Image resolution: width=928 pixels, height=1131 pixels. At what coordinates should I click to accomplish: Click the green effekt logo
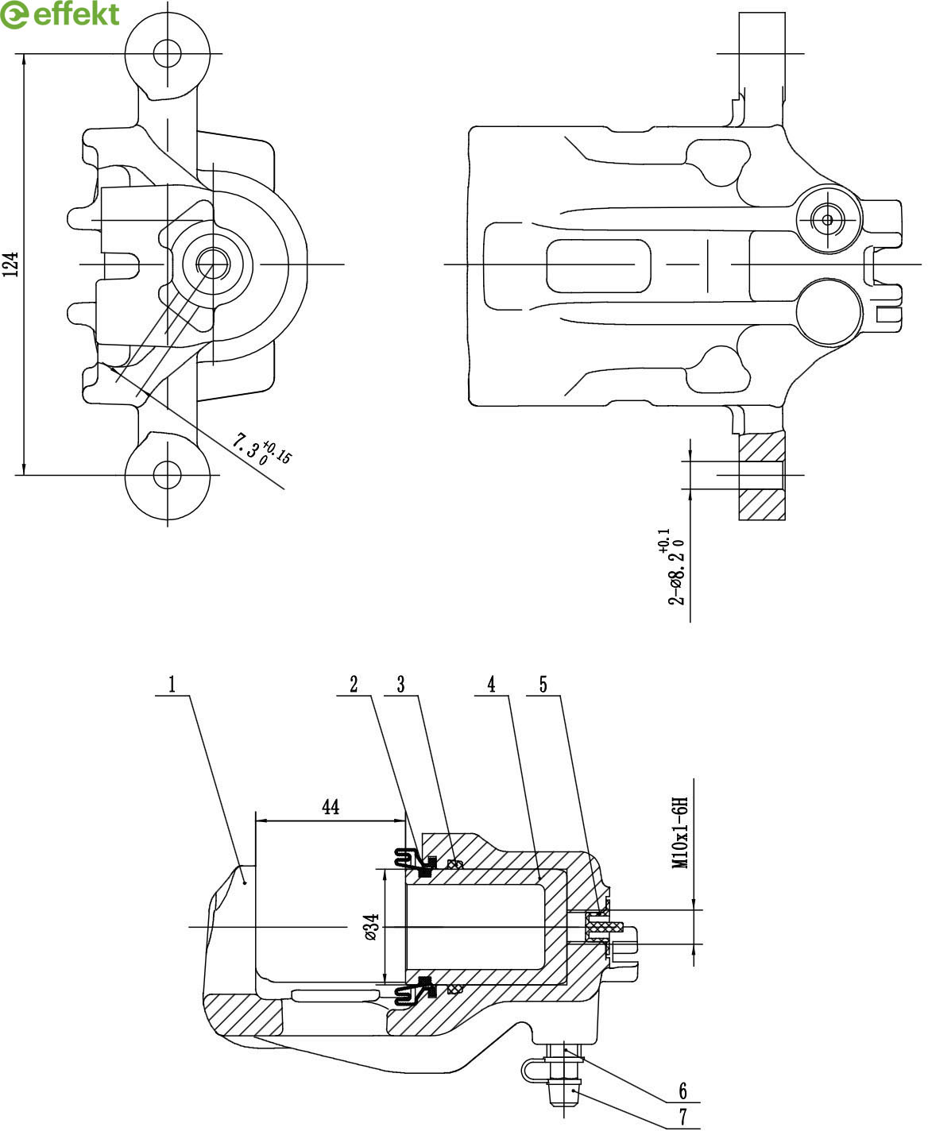[x=60, y=14]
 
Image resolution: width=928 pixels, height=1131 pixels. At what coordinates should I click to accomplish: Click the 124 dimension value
[x=11, y=264]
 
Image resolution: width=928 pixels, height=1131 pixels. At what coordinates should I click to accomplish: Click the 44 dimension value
[x=331, y=821]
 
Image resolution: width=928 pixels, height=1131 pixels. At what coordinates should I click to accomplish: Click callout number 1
[x=172, y=684]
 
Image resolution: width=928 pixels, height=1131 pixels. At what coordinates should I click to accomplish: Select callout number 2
[x=354, y=684]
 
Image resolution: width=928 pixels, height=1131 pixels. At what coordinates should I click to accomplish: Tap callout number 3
[x=400, y=684]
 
